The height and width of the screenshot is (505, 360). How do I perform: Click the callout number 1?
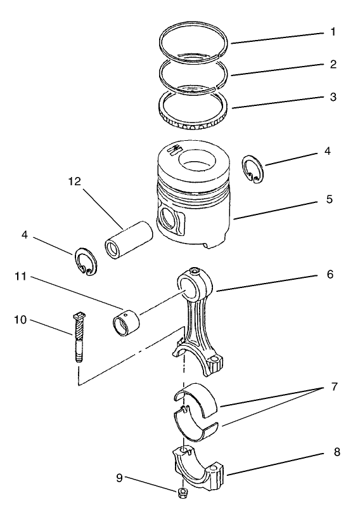333,31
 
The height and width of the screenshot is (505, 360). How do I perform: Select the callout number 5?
329,199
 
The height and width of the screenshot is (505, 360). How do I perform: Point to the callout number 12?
75,181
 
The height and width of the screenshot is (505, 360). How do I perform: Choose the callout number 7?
333,386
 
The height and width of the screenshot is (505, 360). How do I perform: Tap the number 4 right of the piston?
328,152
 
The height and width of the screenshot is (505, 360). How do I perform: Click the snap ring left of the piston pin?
85,262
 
